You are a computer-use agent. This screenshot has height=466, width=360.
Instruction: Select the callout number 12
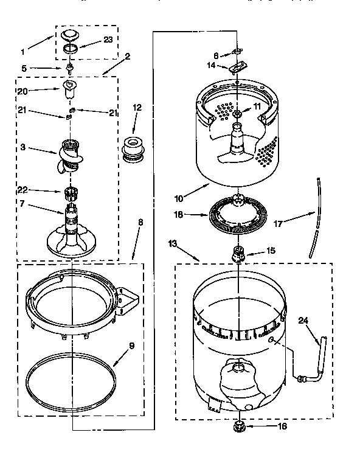click(137, 108)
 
